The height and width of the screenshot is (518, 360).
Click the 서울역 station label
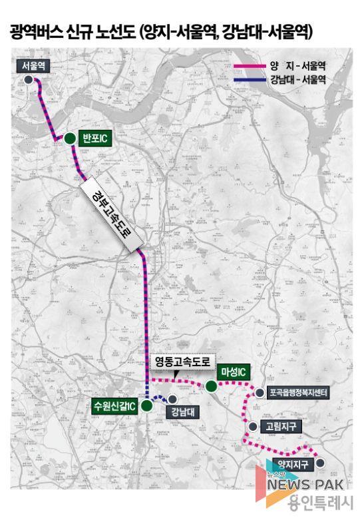tap(33, 65)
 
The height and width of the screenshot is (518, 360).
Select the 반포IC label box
tap(93, 138)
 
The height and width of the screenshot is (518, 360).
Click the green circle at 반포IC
tap(69, 138)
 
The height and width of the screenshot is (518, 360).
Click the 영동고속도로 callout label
tap(181, 362)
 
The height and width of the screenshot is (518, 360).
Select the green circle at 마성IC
tap(211, 386)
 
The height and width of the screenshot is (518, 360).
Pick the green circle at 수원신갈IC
tap(147, 406)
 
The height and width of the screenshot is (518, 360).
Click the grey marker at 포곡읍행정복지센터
tap(259, 393)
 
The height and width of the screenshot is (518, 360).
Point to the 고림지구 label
tap(279, 426)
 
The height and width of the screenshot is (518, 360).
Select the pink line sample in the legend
tap(250, 67)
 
